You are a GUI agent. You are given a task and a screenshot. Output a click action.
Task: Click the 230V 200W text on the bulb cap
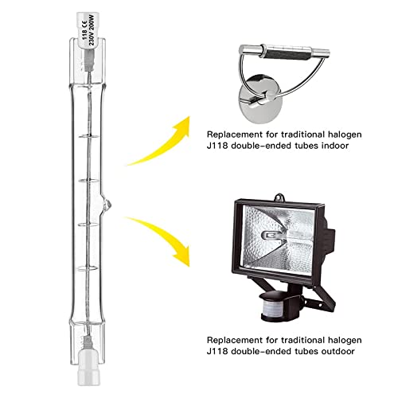92,31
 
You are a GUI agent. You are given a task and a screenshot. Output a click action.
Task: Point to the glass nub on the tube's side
107,205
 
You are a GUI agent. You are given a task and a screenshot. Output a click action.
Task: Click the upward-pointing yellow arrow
158,141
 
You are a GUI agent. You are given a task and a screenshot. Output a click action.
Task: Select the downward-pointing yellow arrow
158,239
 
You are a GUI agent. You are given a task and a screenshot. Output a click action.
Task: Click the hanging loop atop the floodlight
279,197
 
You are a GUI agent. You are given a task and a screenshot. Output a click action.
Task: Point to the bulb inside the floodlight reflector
273,235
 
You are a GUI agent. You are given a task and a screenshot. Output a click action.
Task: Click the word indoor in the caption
335,146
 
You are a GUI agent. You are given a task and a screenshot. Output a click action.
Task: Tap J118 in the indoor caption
217,146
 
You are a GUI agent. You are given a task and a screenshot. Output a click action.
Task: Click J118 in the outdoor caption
217,351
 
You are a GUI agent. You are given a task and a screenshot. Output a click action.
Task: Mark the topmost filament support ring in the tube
89,136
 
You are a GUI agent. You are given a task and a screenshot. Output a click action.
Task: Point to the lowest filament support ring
88,268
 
